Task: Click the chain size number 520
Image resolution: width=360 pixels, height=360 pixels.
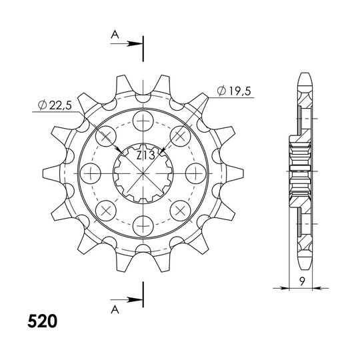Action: coord(42,321)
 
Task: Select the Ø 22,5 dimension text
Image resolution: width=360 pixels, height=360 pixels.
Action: coord(55,105)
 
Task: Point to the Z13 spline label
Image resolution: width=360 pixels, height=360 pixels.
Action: coord(145,155)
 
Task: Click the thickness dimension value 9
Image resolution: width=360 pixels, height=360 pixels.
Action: coord(303,281)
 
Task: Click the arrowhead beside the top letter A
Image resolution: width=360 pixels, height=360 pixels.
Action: coord(137,45)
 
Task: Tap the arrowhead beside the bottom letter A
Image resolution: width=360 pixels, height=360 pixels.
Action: coord(137,298)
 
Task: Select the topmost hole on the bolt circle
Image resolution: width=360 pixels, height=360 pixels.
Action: coord(143,122)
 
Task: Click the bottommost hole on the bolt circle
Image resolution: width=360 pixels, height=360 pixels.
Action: coord(143,223)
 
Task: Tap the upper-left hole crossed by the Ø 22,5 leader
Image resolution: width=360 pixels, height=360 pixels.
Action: coord(107,137)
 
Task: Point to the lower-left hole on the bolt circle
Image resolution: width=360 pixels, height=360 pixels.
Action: coord(107,209)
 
